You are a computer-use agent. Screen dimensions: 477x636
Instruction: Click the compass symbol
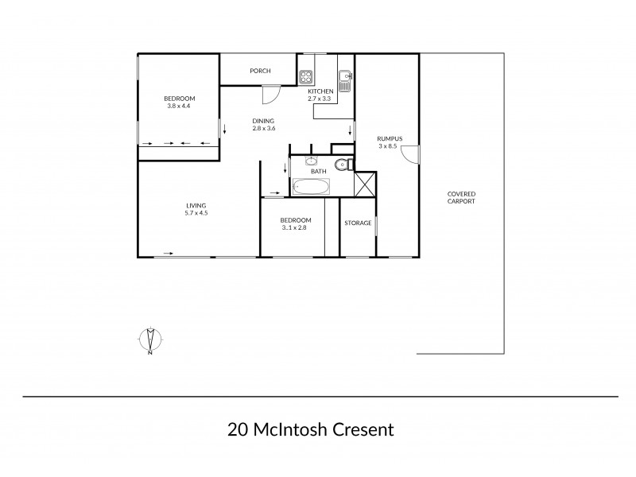pos(150,339)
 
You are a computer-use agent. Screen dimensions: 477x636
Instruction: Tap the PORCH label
pos(260,72)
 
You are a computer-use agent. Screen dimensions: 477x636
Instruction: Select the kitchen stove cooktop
pos(306,76)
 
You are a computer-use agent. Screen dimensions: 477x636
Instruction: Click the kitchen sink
pos(344,79)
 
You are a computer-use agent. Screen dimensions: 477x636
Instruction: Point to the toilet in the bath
pos(341,165)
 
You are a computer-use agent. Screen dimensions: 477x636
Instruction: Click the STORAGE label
pos(358,223)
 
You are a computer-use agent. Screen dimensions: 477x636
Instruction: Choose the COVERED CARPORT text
pos(461,197)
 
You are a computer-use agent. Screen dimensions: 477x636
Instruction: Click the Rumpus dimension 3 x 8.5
pos(389,147)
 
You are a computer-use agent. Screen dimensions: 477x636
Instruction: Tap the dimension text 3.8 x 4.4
pos(179,107)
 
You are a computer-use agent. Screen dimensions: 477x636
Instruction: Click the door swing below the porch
pos(271,94)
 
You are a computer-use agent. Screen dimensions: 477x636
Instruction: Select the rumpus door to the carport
pos(409,153)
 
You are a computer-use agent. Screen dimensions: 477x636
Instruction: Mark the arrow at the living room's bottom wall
pos(169,253)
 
